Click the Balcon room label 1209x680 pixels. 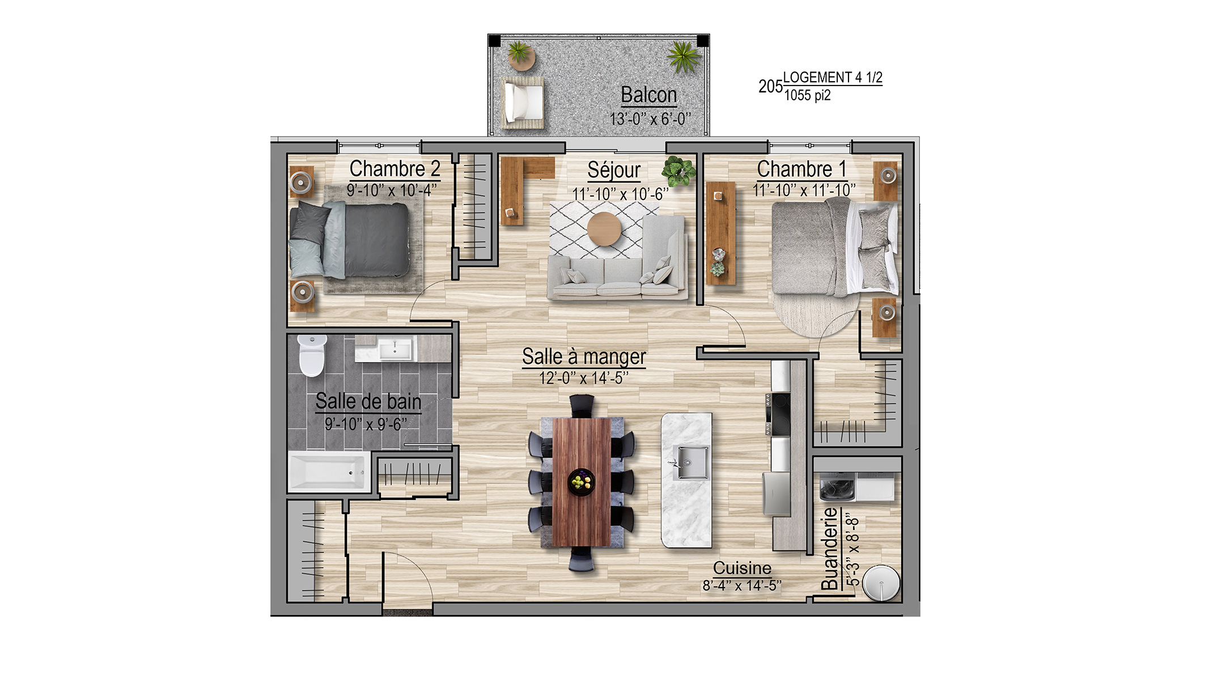pyautogui.click(x=649, y=95)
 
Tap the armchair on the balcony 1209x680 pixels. pyautogui.click(x=523, y=103)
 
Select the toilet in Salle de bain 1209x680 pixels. pyautogui.click(x=312, y=355)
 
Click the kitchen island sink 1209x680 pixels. pyautogui.click(x=690, y=462)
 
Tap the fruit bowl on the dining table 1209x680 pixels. pyautogui.click(x=582, y=482)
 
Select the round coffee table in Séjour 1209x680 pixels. pyautogui.click(x=604, y=229)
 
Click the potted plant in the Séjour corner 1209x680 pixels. pyautogui.click(x=678, y=170)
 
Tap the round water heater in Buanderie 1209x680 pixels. pyautogui.click(x=881, y=582)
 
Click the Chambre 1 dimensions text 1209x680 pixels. pyautogui.click(x=804, y=190)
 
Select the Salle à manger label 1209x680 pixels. pyautogui.click(x=584, y=357)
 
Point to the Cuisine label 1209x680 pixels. pyautogui.click(x=742, y=568)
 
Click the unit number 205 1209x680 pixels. pyautogui.click(x=770, y=86)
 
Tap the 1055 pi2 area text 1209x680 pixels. pyautogui.click(x=807, y=95)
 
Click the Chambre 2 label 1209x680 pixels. pyautogui.click(x=394, y=169)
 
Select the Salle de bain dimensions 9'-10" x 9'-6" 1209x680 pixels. pyautogui.click(x=366, y=424)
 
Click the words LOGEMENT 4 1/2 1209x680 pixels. pyautogui.click(x=833, y=78)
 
